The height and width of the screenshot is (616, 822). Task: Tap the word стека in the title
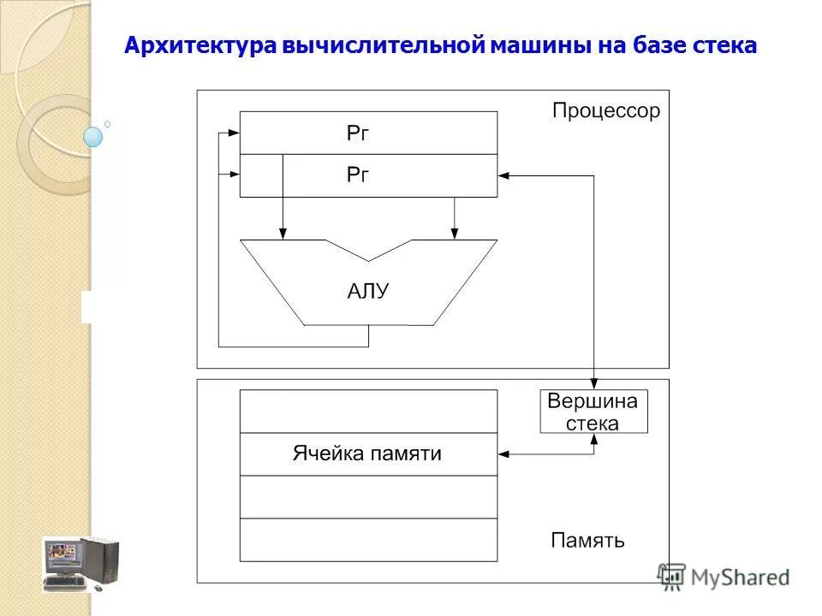pos(725,45)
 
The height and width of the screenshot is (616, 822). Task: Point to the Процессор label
pos(605,111)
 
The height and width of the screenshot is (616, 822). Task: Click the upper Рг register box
pos(368,133)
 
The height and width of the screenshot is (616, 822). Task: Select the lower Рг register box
pos(368,175)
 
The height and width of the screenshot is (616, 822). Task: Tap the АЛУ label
pos(368,291)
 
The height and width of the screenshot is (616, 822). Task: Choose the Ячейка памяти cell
pos(368,453)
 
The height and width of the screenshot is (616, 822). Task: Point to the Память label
pos(587,541)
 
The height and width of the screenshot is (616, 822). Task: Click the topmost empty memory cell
pos(368,411)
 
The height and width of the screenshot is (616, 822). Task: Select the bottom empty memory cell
pos(368,540)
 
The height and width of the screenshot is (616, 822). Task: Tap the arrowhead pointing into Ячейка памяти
pos(503,453)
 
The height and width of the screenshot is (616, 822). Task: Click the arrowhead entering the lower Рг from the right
pos(503,175)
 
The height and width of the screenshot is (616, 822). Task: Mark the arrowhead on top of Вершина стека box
pos(594,384)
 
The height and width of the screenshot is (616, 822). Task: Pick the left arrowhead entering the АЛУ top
pos(283,233)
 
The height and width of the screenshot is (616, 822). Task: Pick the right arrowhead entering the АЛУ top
pos(454,233)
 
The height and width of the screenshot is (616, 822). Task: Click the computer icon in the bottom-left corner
pos(81,564)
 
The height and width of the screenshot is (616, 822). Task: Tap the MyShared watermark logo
pos(724,576)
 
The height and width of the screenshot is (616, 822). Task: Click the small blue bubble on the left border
pos(92,136)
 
